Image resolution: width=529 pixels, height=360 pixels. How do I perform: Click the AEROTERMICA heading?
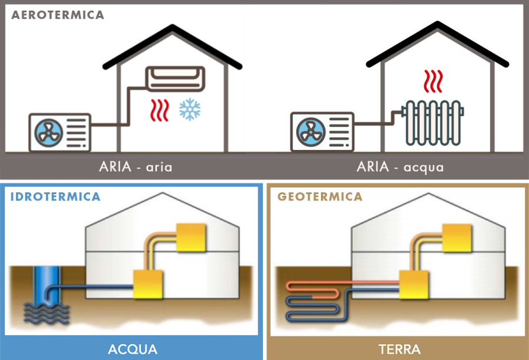coord(58,15)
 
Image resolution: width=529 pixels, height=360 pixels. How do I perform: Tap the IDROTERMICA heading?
coord(55,196)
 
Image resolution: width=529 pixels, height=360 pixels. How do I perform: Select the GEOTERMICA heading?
coord(320,196)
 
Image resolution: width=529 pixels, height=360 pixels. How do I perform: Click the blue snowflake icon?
coord(189,109)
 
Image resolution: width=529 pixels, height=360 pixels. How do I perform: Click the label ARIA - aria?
coord(136,166)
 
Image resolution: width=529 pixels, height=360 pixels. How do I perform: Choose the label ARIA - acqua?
coord(400,166)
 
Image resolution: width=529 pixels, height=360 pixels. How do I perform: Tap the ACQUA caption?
coord(133,349)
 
